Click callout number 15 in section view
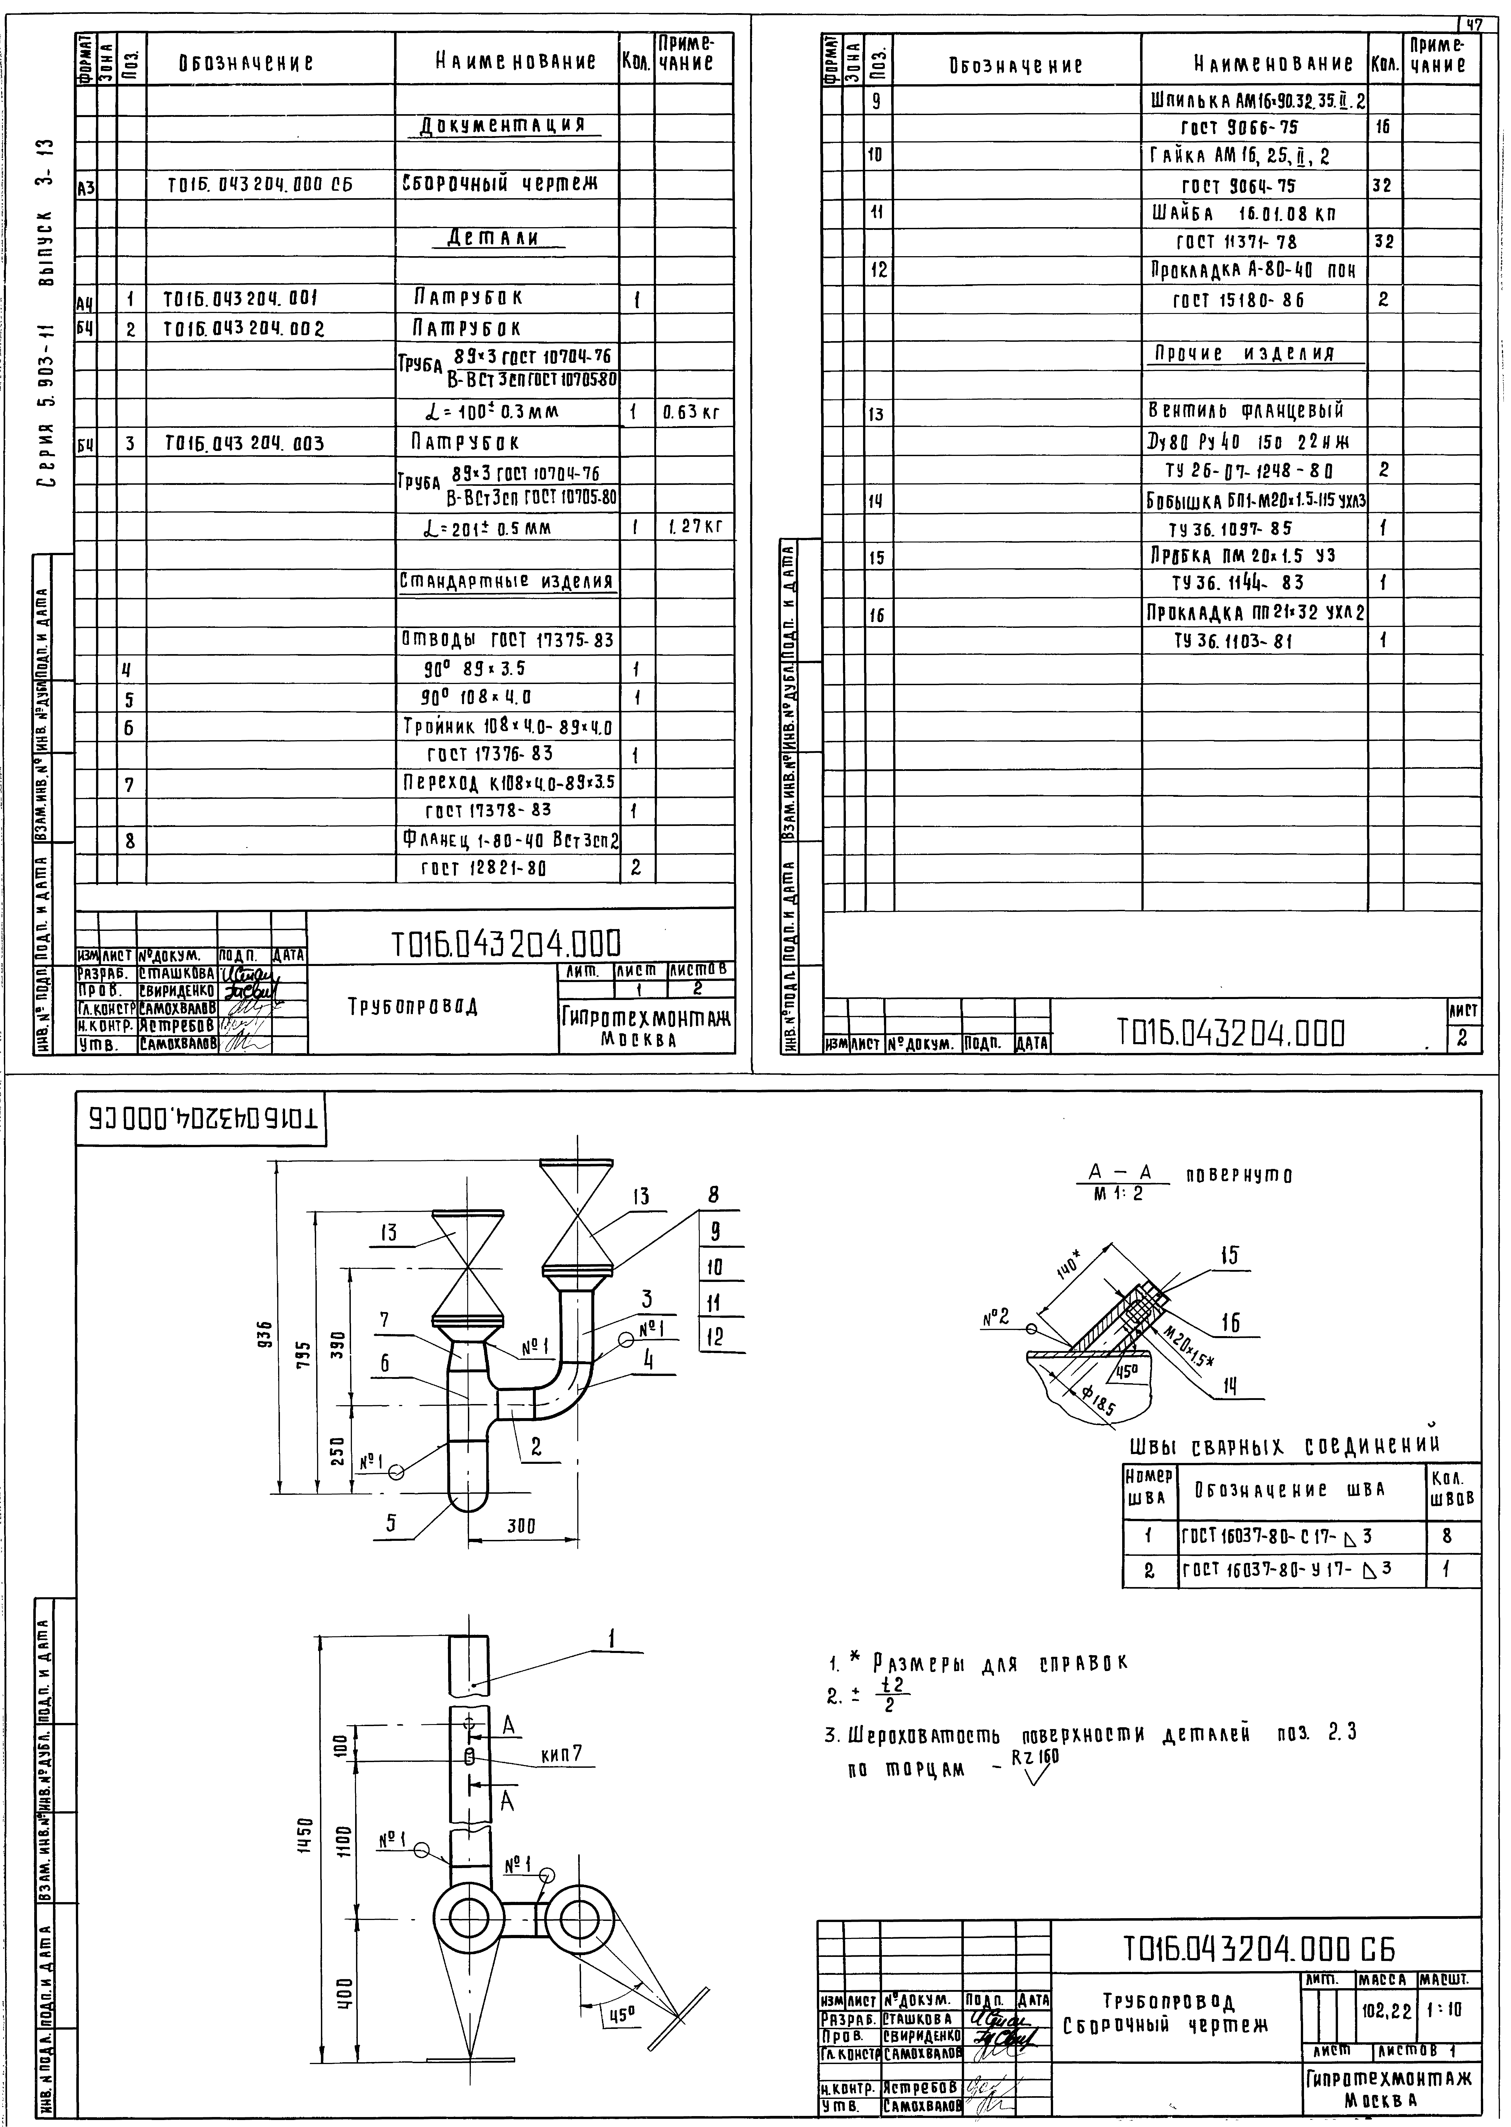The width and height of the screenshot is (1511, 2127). [x=1229, y=1255]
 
